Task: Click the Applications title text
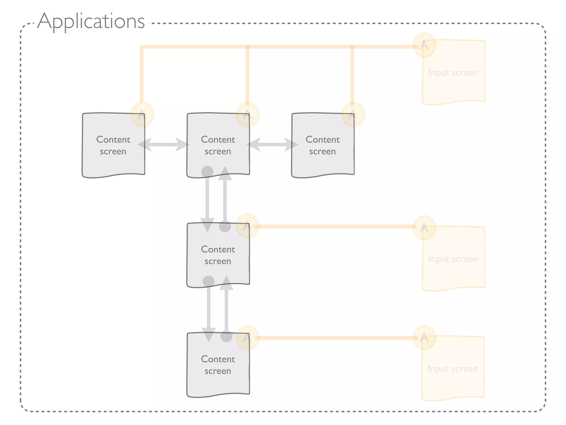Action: (x=91, y=21)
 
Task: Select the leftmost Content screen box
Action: (x=113, y=145)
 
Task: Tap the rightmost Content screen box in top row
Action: (x=323, y=145)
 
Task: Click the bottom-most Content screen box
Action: (x=218, y=365)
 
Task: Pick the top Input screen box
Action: (x=454, y=72)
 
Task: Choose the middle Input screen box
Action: (x=454, y=259)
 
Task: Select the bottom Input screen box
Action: (x=453, y=369)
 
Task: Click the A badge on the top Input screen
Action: (x=424, y=45)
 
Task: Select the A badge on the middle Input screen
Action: (x=424, y=228)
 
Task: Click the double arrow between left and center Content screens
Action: (x=163, y=144)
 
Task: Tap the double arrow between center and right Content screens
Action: (x=272, y=144)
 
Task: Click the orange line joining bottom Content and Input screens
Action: (x=334, y=338)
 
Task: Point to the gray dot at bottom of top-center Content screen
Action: (x=207, y=172)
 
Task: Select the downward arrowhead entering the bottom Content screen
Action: (x=209, y=335)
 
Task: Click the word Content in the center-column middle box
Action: (x=218, y=249)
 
